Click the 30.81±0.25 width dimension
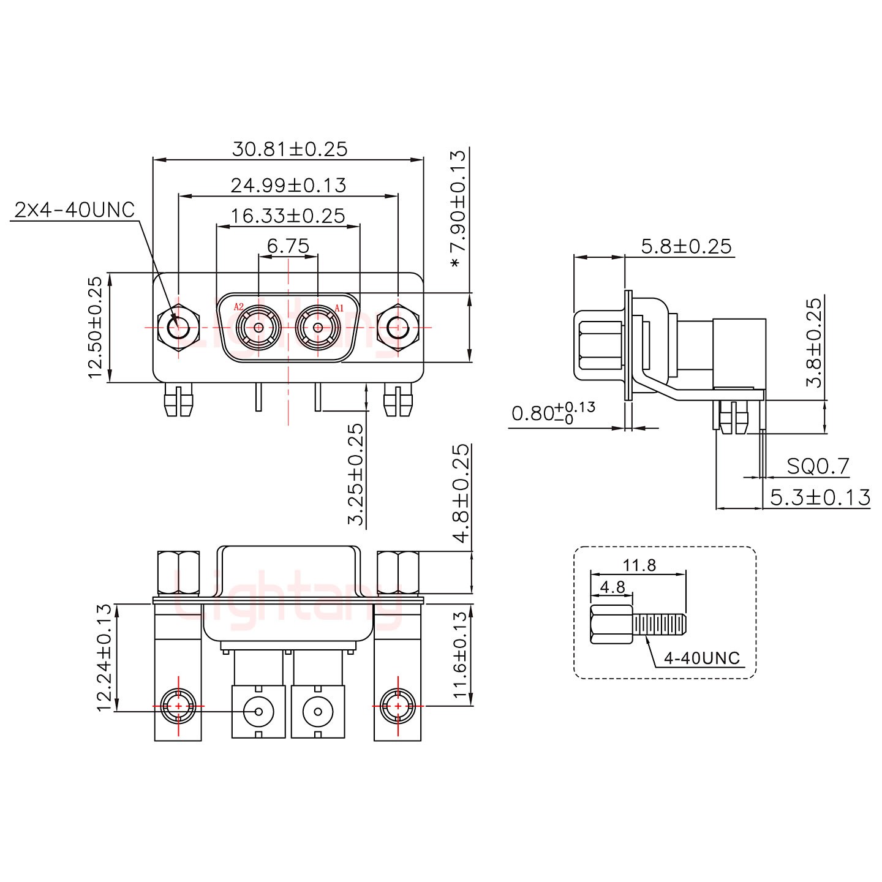(289, 149)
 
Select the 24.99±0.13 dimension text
(288, 185)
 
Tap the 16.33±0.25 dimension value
(288, 216)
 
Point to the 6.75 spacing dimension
(288, 246)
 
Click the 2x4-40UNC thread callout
(74, 210)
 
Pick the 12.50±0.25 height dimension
(95, 327)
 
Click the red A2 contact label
(239, 306)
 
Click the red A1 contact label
(339, 306)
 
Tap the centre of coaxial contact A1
(317, 328)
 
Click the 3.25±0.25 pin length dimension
(356, 475)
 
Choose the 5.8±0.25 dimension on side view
(686, 246)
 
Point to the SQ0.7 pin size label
(818, 467)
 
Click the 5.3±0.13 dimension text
(820, 497)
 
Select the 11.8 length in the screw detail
(639, 565)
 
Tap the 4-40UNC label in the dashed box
(702, 658)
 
